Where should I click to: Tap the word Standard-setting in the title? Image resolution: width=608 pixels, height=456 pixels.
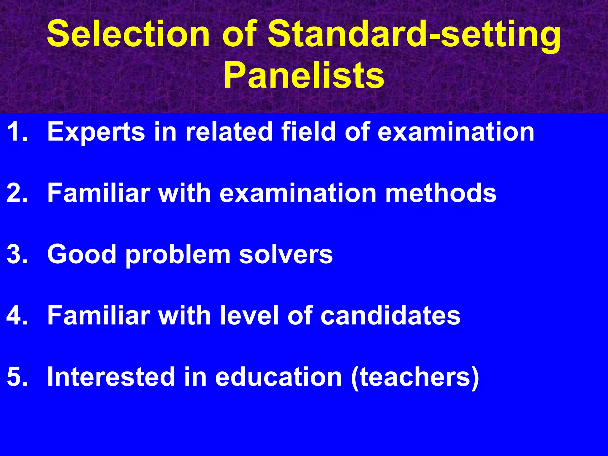coord(414,35)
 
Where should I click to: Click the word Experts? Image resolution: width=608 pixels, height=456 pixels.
coord(96,132)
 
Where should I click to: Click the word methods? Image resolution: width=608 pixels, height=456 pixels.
coord(441,193)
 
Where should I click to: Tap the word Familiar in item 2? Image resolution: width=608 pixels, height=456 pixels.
coord(99,193)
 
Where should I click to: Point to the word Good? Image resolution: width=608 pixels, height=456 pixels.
coord(82,254)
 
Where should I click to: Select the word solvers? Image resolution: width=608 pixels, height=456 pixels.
coord(286,255)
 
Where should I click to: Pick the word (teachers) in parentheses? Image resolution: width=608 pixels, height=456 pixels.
coord(415,377)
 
